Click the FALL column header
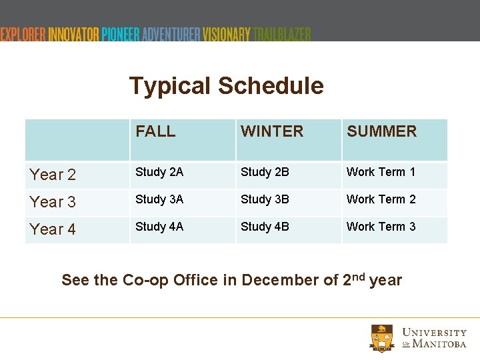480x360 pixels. coord(155,131)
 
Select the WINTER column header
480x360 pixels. coord(272,131)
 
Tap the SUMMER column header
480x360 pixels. coord(381,131)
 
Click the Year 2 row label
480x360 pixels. coord(53,175)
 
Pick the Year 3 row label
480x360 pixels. coord(53,202)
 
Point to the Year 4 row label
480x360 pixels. coord(53,229)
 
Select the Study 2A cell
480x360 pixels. coord(159,172)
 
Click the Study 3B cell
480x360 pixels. coord(265,199)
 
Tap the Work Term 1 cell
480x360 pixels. coord(381,172)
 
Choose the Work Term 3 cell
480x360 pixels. coord(381,227)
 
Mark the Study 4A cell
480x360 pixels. coord(159,227)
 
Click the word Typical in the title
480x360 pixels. coord(170,86)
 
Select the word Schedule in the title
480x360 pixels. coord(271,86)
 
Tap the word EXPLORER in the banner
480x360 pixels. coord(23,34)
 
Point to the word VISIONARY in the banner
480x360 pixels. coord(227,34)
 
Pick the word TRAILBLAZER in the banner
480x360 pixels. coord(282,34)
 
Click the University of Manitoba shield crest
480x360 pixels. coord(383,338)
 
